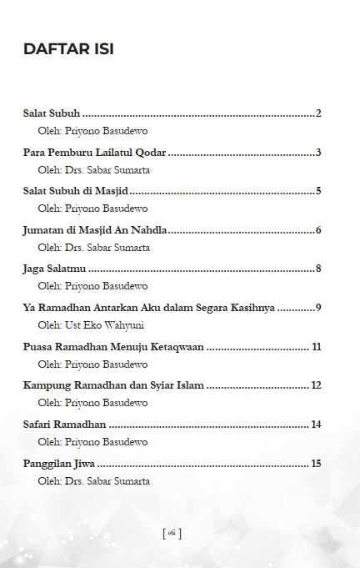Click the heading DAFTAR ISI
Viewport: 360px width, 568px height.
coord(68,49)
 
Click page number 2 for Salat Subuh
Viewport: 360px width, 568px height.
coord(319,113)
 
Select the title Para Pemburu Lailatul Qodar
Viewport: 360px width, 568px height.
coord(94,153)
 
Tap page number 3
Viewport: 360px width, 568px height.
coord(319,153)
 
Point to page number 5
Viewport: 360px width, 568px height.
coord(319,191)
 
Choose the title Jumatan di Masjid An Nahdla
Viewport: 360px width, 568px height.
coord(95,230)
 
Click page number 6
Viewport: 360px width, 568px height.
coord(319,230)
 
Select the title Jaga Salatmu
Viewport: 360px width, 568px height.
coord(54,269)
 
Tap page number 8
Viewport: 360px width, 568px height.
coord(319,269)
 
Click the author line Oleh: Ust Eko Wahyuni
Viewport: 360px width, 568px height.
coord(91,324)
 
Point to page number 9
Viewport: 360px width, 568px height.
coord(319,308)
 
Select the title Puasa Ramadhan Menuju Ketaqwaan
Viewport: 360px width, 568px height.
coord(113,346)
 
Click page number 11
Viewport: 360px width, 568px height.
coord(317,346)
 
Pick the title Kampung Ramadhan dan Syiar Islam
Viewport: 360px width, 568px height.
coord(113,385)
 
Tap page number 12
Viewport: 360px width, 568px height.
coord(317,385)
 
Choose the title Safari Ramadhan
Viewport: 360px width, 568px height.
coord(64,425)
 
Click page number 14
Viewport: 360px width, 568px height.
coord(317,425)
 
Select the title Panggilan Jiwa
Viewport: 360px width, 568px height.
coord(59,463)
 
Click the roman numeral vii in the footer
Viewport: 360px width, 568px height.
coord(172,533)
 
